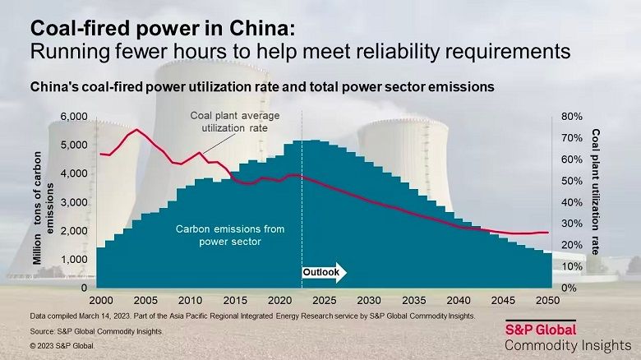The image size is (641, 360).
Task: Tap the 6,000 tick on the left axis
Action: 74,117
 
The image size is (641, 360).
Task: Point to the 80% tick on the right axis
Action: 572,117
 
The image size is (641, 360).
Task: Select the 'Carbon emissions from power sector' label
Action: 218,235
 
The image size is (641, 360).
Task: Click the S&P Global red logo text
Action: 540,329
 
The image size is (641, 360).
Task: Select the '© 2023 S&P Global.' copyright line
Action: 62,346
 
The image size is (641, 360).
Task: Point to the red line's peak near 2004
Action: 136,129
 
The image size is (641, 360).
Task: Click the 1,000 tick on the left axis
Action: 74,260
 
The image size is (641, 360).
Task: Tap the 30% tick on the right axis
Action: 572,224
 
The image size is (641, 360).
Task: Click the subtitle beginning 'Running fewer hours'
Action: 299,51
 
